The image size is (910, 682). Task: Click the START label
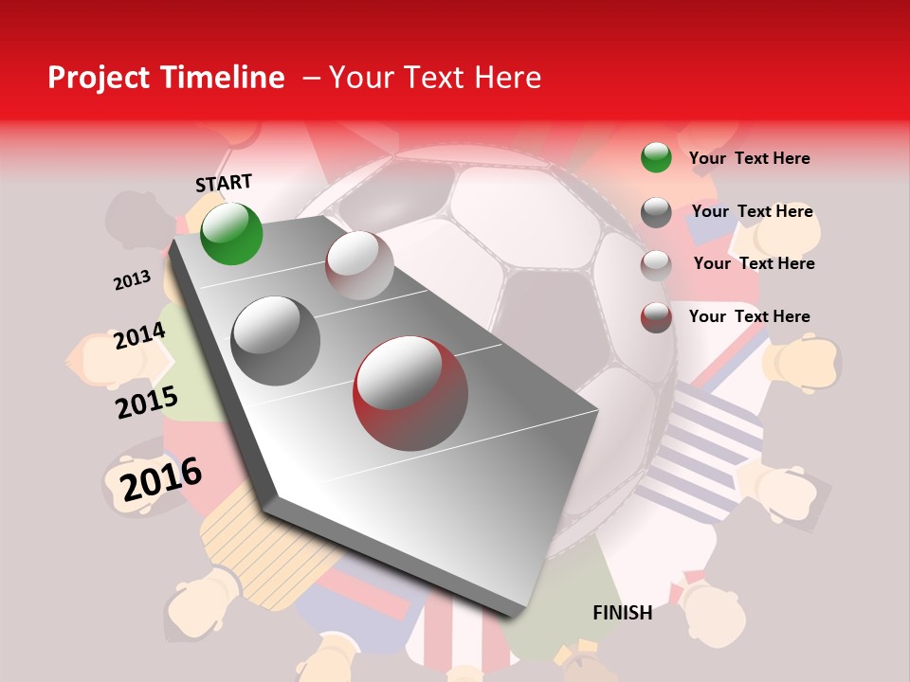224,183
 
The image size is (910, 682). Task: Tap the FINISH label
622,613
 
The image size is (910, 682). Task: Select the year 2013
132,280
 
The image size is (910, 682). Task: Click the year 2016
161,479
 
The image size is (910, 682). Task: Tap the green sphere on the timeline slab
231,233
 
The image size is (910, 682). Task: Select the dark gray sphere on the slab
276,341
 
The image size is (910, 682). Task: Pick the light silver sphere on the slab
359,265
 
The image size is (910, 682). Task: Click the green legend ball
656,157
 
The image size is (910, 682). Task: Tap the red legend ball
656,317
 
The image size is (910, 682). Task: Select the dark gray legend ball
656,212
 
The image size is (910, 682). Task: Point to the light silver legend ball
656,265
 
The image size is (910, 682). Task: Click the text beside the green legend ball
749,158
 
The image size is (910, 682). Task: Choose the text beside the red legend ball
749,316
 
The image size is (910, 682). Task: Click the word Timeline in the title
225,78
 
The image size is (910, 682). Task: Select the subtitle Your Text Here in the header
434,78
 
